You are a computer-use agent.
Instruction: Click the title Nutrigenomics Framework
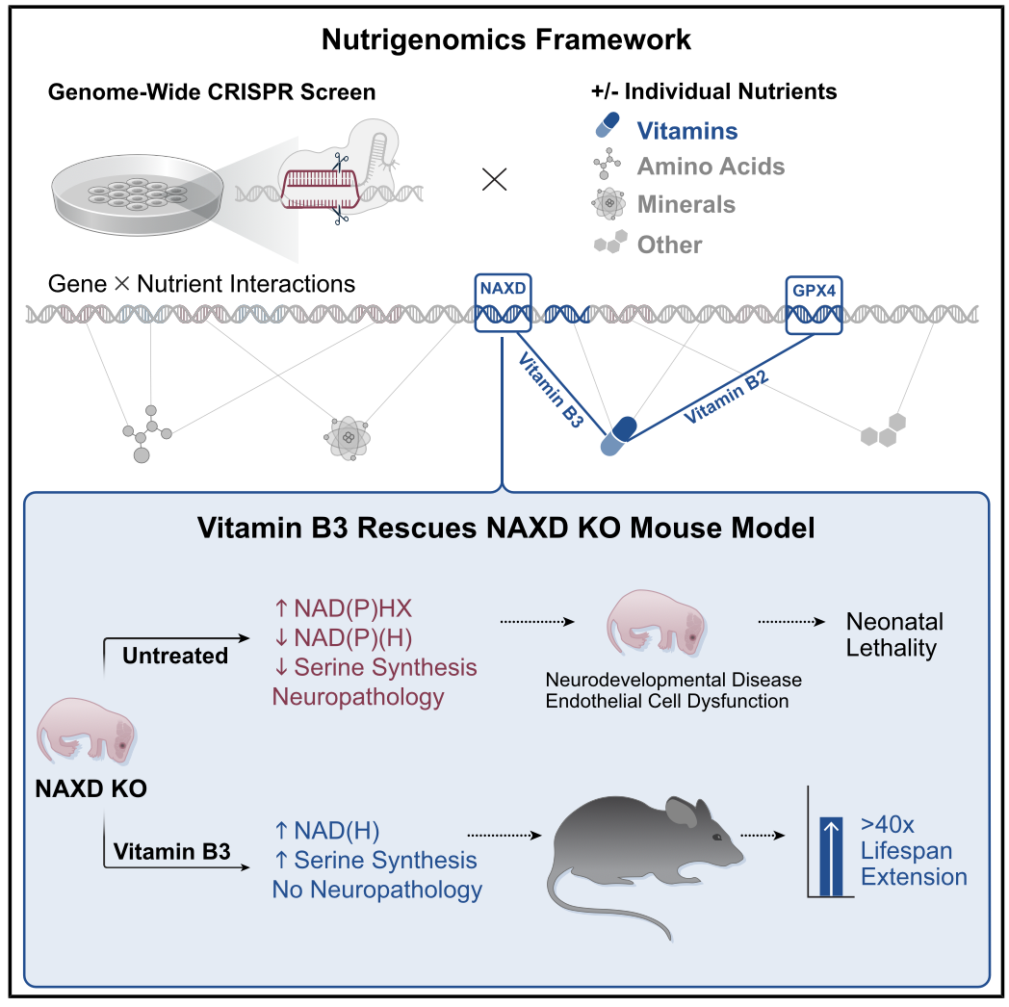505,39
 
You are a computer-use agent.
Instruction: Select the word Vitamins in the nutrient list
686,131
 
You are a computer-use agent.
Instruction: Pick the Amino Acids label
711,167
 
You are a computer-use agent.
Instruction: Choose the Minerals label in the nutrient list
686,204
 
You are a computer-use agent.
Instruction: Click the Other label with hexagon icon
669,245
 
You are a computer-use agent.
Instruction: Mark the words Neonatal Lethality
894,634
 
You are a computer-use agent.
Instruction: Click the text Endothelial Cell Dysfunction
667,701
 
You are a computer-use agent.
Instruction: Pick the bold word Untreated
175,656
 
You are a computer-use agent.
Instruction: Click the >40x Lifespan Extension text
913,851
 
